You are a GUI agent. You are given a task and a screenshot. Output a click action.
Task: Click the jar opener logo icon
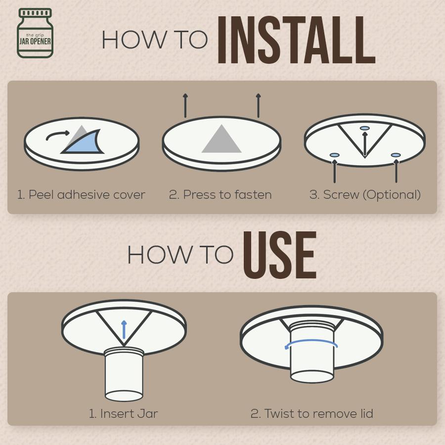pos(35,33)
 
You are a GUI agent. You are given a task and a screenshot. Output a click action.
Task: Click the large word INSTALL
pos(297,40)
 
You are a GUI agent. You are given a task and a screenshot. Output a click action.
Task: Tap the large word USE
pos(279,255)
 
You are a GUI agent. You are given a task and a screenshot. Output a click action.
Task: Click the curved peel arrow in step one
pos(58,135)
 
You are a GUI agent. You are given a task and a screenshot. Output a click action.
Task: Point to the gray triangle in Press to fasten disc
pos(222,139)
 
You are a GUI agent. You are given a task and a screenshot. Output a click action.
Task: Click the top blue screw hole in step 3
pos(365,128)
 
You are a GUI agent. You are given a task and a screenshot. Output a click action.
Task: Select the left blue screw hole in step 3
pos(335,155)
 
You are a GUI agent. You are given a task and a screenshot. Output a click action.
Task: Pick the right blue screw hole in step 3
pos(396,155)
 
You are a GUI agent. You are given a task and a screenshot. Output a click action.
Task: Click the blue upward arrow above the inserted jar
pos(124,329)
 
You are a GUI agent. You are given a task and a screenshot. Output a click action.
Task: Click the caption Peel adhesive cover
pos(81,195)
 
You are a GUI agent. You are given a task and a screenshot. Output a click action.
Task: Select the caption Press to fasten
pos(220,195)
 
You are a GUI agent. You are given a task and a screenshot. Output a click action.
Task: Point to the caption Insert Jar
pos(123,413)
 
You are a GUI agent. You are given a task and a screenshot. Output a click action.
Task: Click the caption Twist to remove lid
pos(312,413)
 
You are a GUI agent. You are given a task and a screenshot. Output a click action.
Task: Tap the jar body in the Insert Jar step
pos(124,374)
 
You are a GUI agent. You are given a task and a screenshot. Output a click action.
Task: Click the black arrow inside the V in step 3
pos(365,143)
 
